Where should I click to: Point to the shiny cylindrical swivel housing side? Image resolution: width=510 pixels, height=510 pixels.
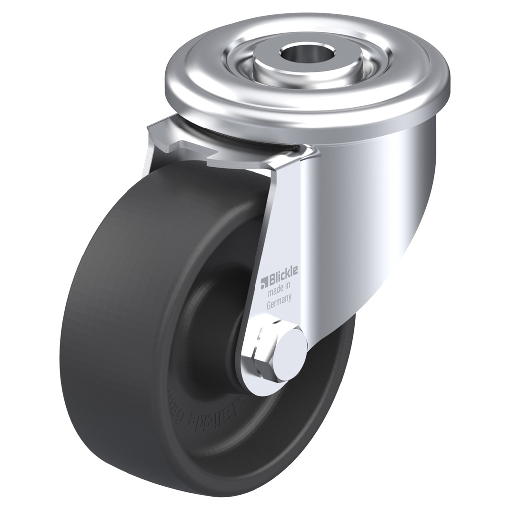(369, 199)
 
